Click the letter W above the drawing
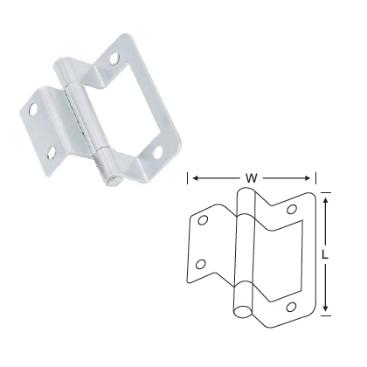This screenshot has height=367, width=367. coord(252,177)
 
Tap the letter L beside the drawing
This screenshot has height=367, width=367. coord(326,254)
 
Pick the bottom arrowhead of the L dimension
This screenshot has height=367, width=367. coord(326,308)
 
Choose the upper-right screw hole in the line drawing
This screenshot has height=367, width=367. coord(292,208)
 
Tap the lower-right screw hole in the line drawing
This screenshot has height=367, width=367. coord(292,306)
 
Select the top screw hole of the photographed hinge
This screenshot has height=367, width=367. coord(116,58)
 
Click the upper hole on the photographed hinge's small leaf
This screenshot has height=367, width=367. coord(31,111)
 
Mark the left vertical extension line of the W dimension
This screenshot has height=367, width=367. coord(190,181)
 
